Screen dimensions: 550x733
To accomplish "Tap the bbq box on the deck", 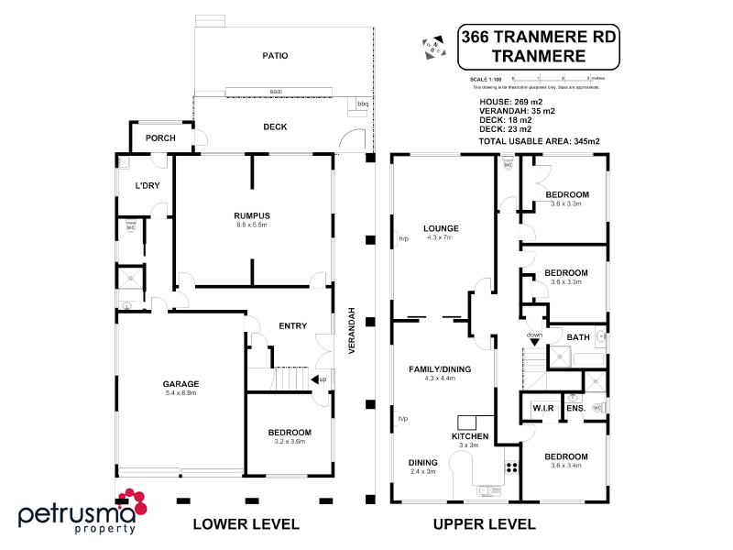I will coord(361,104).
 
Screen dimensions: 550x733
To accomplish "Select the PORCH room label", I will coord(160,138).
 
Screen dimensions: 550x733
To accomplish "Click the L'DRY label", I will coord(148,187).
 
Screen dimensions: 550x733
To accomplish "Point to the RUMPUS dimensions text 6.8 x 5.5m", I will coord(250,225).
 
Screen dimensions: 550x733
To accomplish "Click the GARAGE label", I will coord(180,384).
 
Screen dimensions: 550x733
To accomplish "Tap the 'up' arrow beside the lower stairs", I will coord(318,379).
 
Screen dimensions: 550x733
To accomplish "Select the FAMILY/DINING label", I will coord(440,368).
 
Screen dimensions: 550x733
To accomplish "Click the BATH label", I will coord(578,338).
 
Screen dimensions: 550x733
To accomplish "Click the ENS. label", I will coord(574,408).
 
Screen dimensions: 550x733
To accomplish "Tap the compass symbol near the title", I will coord(431,45).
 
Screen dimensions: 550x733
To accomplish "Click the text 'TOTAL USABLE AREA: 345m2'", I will coord(540,142).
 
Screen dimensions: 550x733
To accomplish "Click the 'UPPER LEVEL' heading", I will coord(485,524).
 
